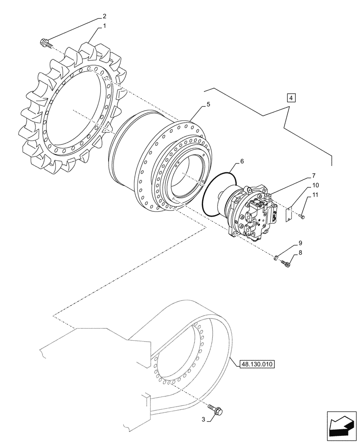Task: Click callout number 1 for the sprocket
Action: (x=105, y=26)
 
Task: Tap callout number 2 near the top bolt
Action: (x=105, y=16)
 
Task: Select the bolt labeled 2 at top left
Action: (x=45, y=43)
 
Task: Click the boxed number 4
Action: (x=290, y=97)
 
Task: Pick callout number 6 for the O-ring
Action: (x=243, y=163)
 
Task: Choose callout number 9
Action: (x=300, y=243)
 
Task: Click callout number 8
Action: (x=300, y=253)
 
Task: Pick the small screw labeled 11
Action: (x=302, y=216)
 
